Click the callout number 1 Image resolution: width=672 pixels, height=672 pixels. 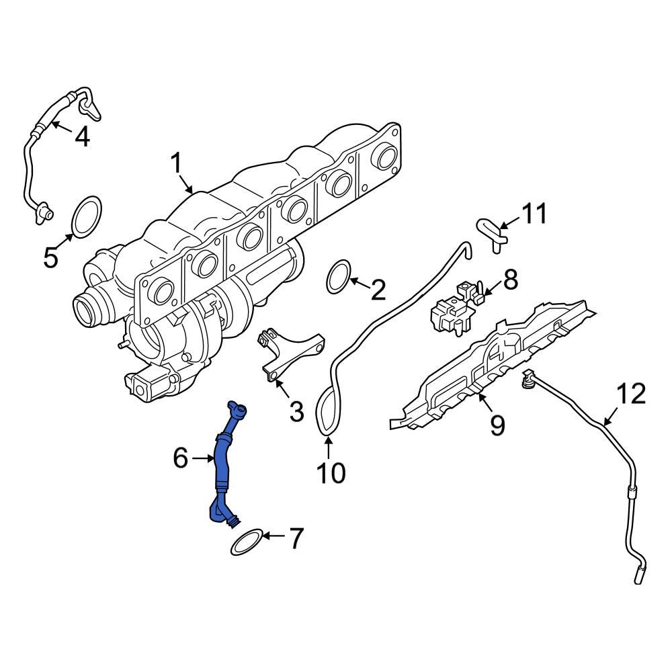[x=176, y=163]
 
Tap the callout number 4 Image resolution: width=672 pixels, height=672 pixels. [x=81, y=136]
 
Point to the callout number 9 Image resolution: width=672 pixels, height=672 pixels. [x=497, y=425]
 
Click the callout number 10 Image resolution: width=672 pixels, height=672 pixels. [x=331, y=472]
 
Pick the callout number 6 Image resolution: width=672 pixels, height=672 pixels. [x=180, y=458]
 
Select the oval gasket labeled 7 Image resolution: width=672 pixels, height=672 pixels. [x=247, y=543]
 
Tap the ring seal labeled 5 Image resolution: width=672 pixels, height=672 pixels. [x=86, y=216]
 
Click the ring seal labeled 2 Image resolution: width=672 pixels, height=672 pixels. [x=339, y=278]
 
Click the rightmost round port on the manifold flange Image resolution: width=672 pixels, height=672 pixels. [x=386, y=157]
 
